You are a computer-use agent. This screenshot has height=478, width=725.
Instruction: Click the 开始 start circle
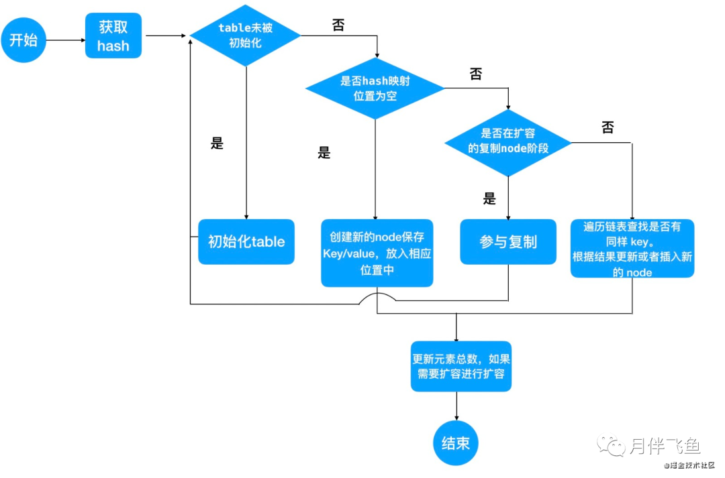coord(23,40)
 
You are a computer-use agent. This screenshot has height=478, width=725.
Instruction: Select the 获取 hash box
coord(113,36)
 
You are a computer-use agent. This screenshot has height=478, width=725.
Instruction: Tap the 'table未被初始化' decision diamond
coord(245,36)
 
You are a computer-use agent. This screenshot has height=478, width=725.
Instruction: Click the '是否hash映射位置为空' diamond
coord(375,88)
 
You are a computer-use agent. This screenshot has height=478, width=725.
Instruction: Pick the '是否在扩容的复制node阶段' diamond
coord(508,143)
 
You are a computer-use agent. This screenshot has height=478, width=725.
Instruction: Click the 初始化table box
coord(246,241)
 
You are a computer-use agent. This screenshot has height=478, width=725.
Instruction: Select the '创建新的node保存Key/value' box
coord(377,253)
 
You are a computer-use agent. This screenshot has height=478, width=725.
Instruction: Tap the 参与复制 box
coord(508,241)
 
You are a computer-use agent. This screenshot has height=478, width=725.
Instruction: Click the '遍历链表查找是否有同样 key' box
coord(632,249)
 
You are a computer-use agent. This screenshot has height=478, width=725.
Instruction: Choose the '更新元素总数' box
coord(461,366)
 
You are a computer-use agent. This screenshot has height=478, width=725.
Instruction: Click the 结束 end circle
coord(456,443)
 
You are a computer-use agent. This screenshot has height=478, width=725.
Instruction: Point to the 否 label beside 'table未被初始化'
coord(338,25)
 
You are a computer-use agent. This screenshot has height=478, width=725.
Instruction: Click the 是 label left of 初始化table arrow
coord(217,143)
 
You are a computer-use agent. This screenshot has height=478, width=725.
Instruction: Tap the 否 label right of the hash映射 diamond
coord(476,74)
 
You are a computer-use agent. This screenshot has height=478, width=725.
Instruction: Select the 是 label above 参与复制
coord(489,198)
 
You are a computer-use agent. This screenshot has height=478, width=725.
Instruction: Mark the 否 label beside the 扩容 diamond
coord(608,127)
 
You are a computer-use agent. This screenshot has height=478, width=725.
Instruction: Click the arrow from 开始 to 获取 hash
coord(66,40)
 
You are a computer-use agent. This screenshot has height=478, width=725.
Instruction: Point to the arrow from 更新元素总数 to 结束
coord(457,406)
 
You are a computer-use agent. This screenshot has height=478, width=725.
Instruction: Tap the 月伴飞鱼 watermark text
coord(665,446)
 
